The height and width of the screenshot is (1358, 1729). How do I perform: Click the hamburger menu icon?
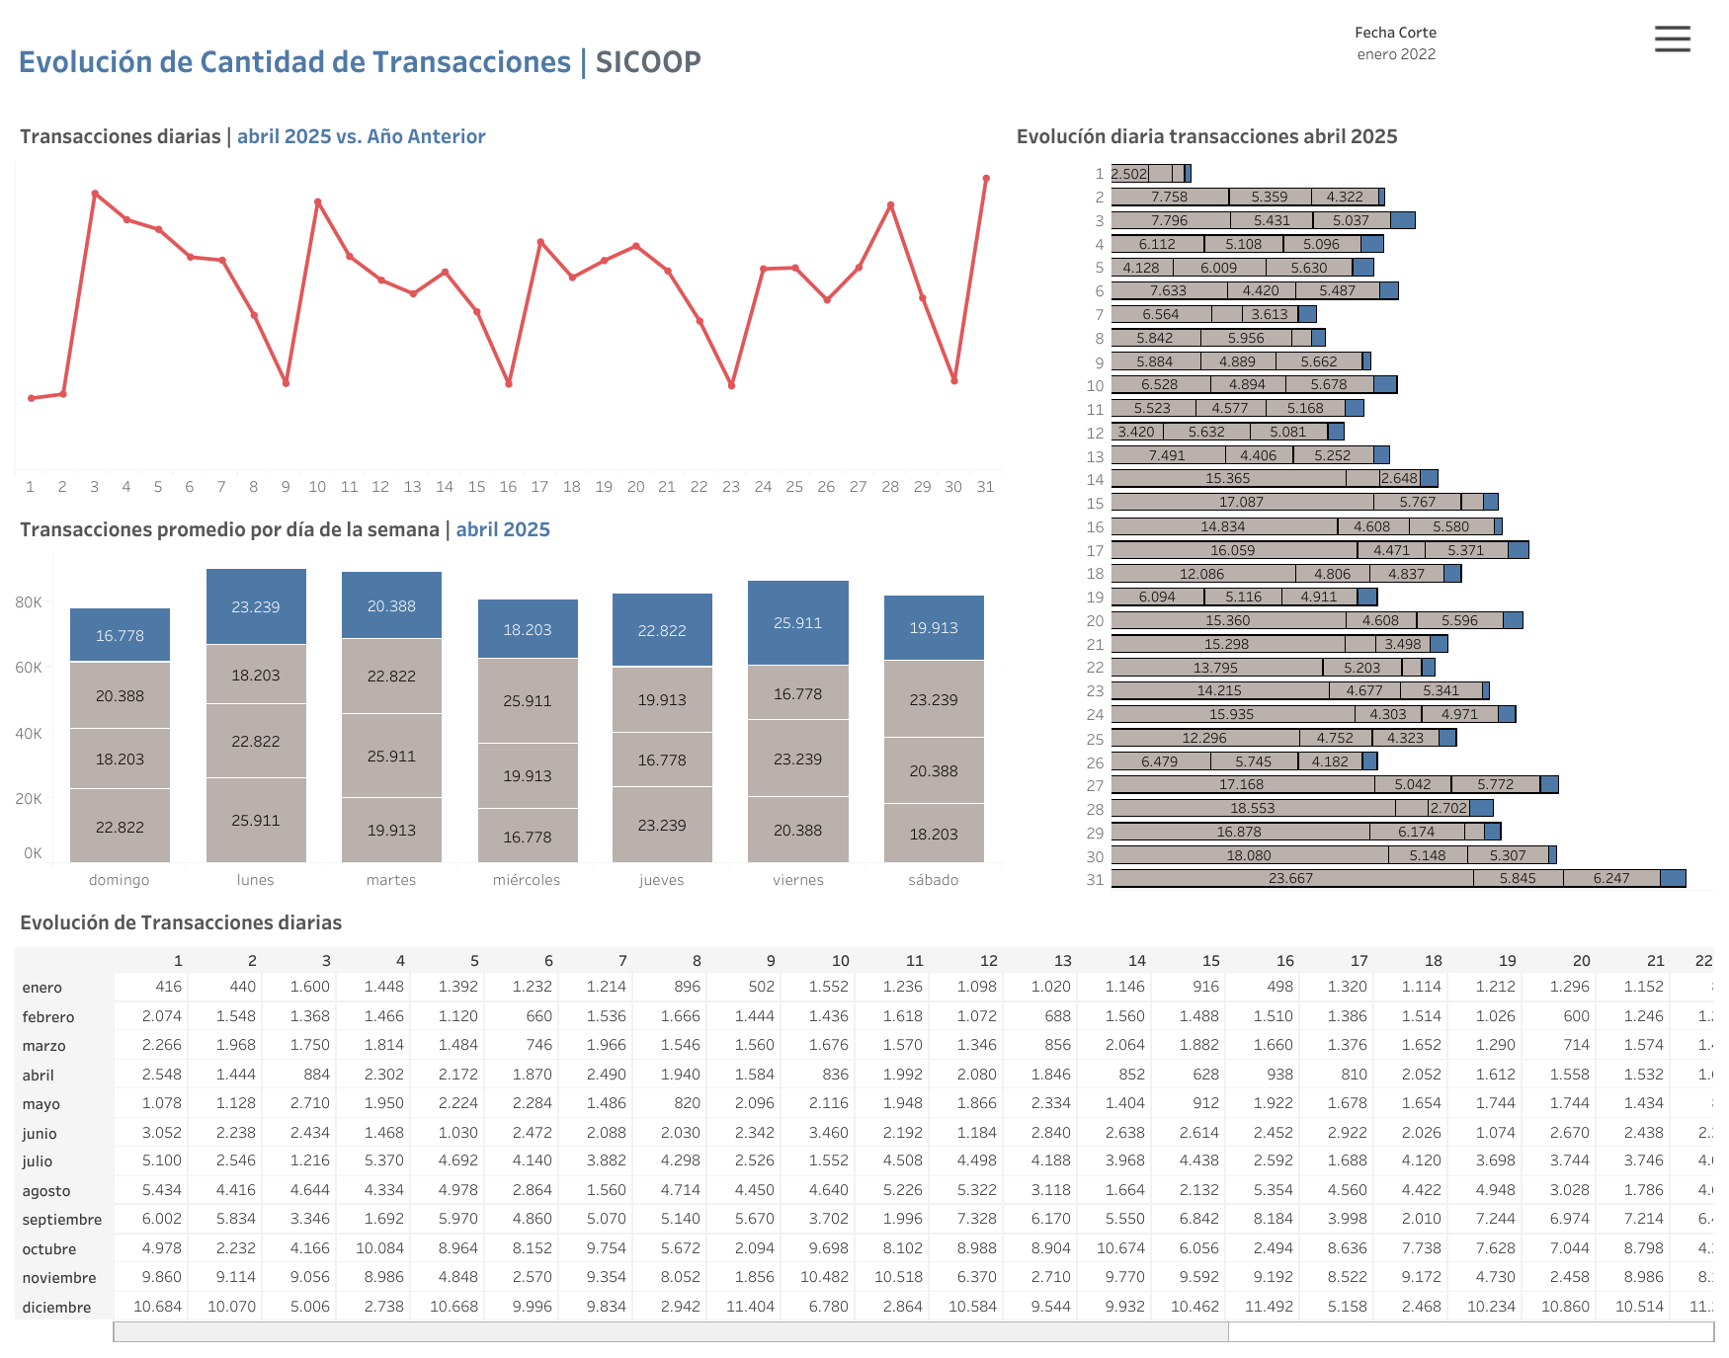click(x=1672, y=40)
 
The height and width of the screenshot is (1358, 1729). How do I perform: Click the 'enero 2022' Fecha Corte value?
click(x=1395, y=54)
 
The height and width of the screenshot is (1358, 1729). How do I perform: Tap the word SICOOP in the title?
click(x=648, y=62)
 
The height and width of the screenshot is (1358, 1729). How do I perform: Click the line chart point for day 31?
click(x=986, y=179)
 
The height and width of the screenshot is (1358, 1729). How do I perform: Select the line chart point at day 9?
click(x=286, y=383)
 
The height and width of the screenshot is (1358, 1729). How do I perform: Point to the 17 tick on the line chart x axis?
click(x=539, y=487)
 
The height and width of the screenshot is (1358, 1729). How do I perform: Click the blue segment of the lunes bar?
click(x=256, y=606)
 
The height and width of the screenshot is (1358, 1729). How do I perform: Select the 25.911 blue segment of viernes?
click(x=797, y=623)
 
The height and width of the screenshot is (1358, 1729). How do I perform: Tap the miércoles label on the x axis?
click(x=527, y=880)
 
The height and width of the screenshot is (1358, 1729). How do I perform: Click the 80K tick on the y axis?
click(x=29, y=602)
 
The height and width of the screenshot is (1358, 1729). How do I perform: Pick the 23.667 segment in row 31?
click(x=1290, y=878)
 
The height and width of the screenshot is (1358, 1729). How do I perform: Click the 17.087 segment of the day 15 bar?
click(x=1241, y=502)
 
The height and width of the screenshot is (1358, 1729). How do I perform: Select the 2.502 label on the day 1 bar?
click(x=1129, y=174)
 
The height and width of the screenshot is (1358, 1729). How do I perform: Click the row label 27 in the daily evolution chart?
click(x=1095, y=785)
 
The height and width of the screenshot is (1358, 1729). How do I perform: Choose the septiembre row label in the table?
click(x=62, y=1220)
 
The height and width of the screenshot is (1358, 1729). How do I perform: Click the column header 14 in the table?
click(x=1137, y=961)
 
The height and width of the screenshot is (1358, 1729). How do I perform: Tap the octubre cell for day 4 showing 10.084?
click(x=379, y=1248)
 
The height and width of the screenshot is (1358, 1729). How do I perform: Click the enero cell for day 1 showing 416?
click(x=169, y=987)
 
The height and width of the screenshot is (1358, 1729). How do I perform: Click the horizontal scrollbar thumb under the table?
click(x=671, y=1332)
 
